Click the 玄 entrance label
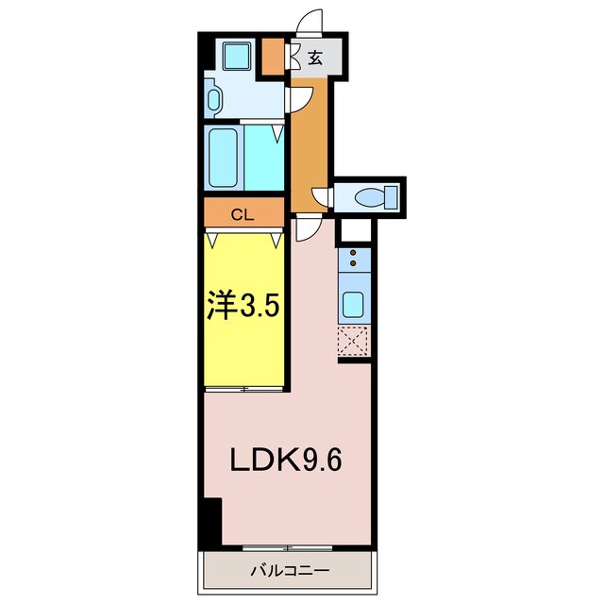[314, 58]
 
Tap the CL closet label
[243, 215]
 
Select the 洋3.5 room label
[243, 304]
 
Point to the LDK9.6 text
[286, 461]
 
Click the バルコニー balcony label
[290, 570]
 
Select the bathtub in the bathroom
[223, 158]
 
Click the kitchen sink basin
[353, 304]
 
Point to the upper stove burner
[352, 253]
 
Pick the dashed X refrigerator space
[353, 341]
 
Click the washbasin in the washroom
[214, 99]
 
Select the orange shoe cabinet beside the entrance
[273, 57]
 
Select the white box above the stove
[356, 230]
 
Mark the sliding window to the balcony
[287, 547]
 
